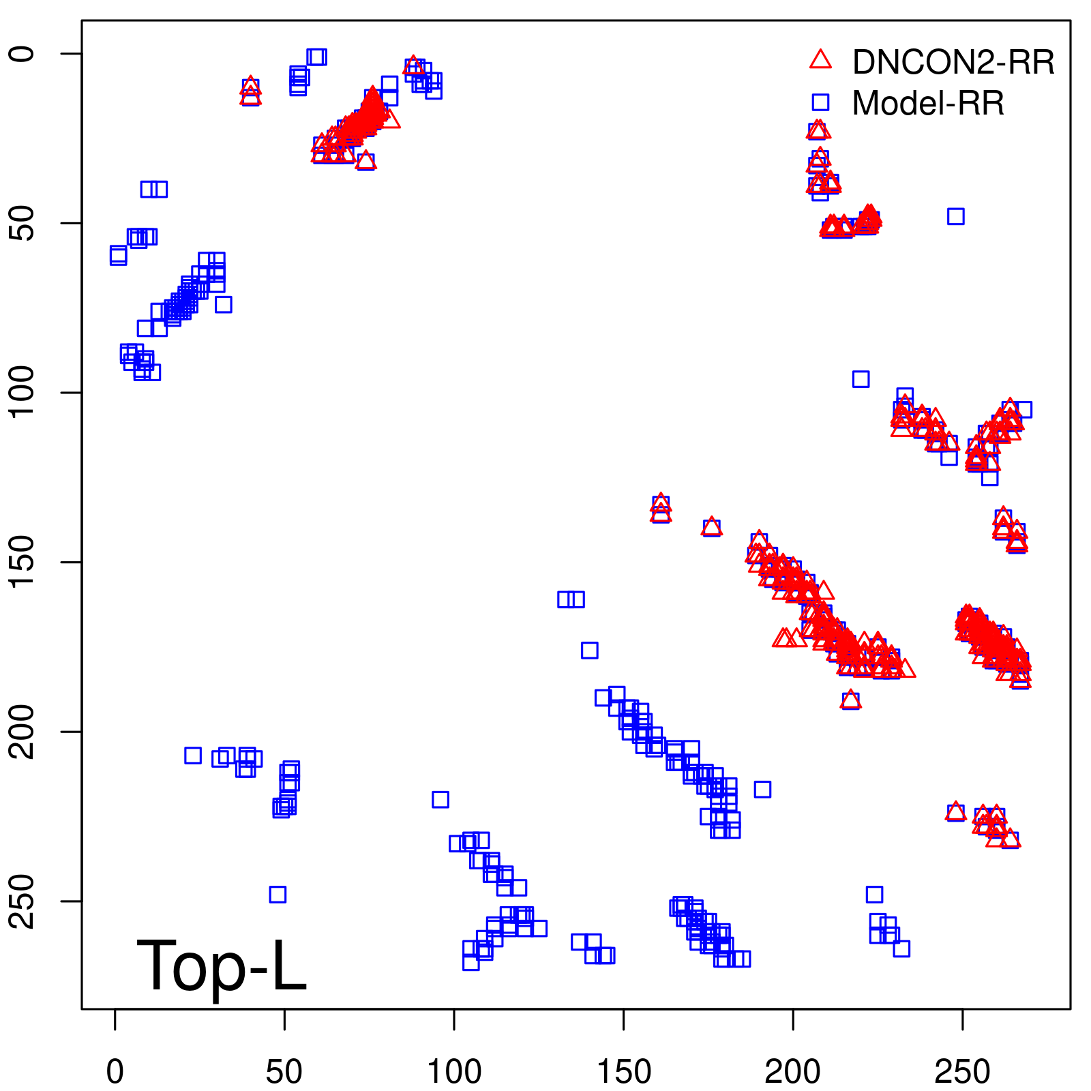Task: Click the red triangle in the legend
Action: (x=820, y=60)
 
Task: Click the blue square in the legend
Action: (x=820, y=102)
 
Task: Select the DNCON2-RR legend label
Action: (x=953, y=62)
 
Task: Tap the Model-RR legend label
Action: (x=928, y=104)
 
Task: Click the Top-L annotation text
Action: (x=222, y=966)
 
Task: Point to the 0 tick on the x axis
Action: (x=115, y=1071)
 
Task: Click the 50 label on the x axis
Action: (x=284, y=1071)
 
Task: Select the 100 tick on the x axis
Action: (x=454, y=1071)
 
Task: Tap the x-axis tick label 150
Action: (x=624, y=1071)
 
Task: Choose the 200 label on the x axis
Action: (x=793, y=1071)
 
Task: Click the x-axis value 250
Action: (x=962, y=1071)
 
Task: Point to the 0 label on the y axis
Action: (x=23, y=54)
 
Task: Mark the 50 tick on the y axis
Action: (x=23, y=223)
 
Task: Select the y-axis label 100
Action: (x=23, y=393)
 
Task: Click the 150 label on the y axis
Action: (x=23, y=562)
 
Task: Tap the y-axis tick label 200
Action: (x=23, y=732)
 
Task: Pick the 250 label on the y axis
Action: (x=23, y=901)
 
